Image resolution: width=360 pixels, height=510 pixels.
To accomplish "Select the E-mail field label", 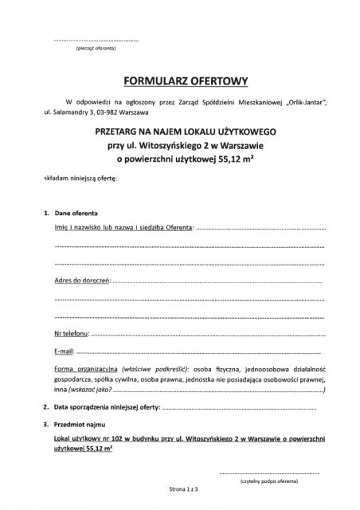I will [x=65, y=351].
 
